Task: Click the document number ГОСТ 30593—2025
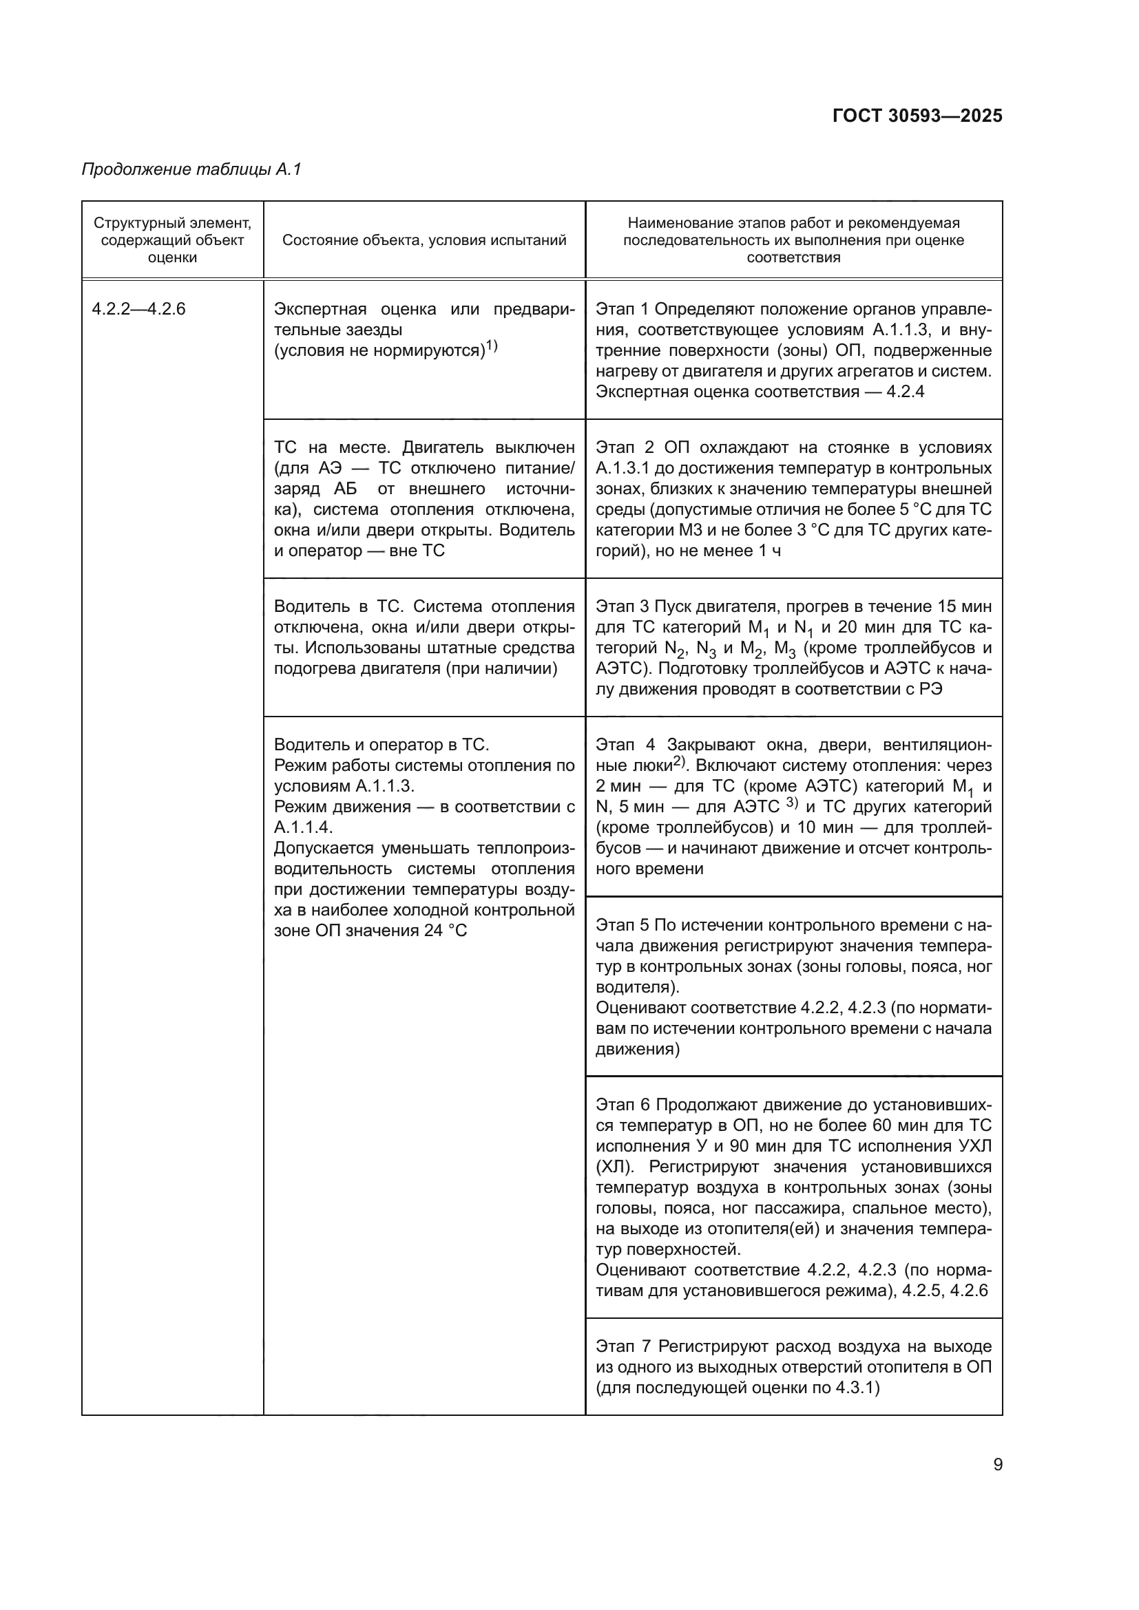(917, 116)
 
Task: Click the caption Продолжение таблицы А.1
(191, 169)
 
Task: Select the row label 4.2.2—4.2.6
(139, 309)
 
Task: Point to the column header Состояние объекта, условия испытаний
(424, 240)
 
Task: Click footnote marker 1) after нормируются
(492, 346)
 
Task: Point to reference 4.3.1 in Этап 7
(855, 1388)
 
